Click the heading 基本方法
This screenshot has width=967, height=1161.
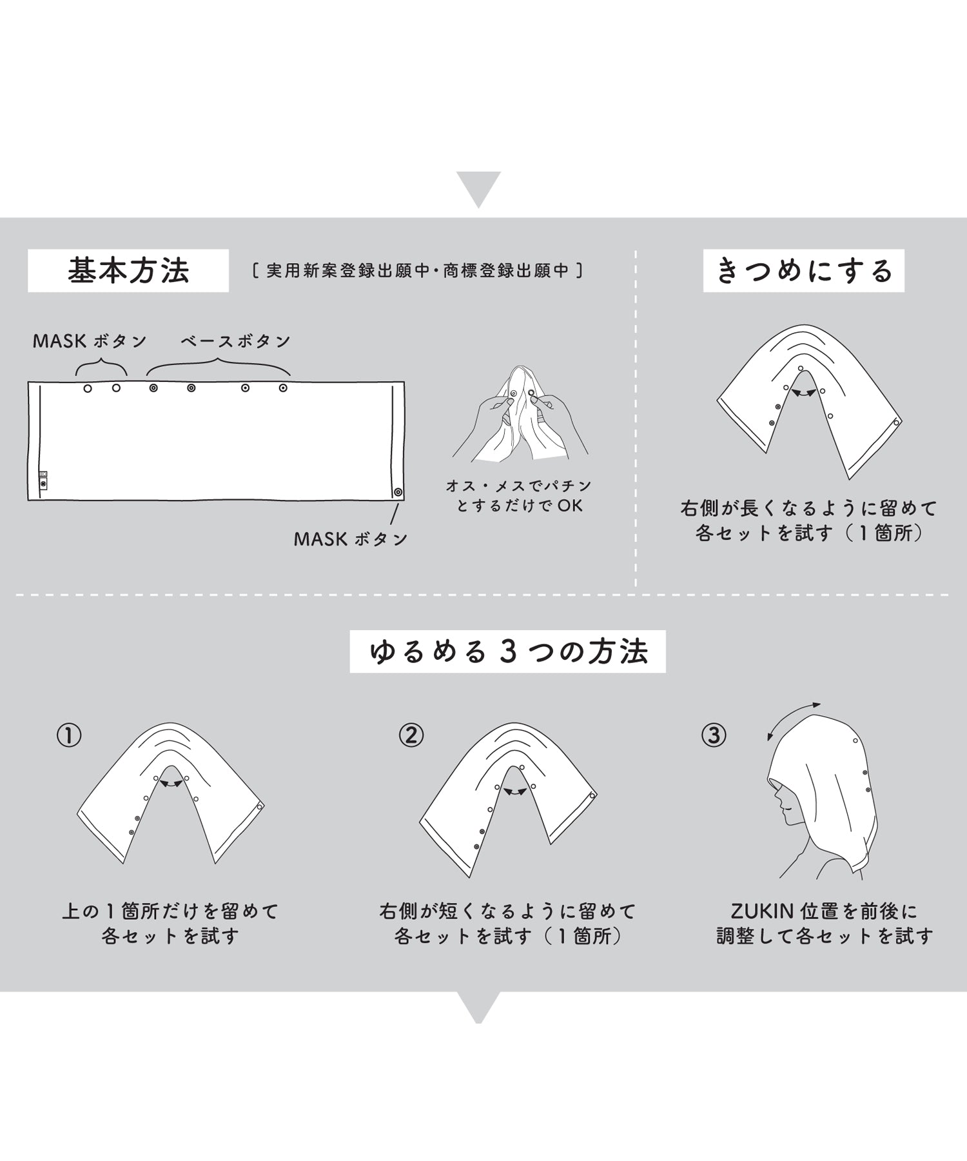[128, 271]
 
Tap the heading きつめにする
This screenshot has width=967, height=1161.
[804, 271]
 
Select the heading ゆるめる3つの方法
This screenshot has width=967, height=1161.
[508, 651]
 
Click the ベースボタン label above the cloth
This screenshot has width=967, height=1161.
[236, 341]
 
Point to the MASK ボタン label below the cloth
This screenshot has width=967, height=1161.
[351, 539]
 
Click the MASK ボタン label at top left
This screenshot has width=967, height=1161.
[90, 341]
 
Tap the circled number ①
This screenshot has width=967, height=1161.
[70, 735]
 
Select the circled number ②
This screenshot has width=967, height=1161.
[411, 735]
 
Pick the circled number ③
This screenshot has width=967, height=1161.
[714, 735]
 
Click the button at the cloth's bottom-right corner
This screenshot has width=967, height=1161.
[398, 492]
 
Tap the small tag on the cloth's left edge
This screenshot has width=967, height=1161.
[43, 479]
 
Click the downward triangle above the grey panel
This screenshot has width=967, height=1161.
[478, 189]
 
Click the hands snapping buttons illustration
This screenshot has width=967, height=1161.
[520, 416]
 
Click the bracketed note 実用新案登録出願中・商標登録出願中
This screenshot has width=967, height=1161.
[418, 271]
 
